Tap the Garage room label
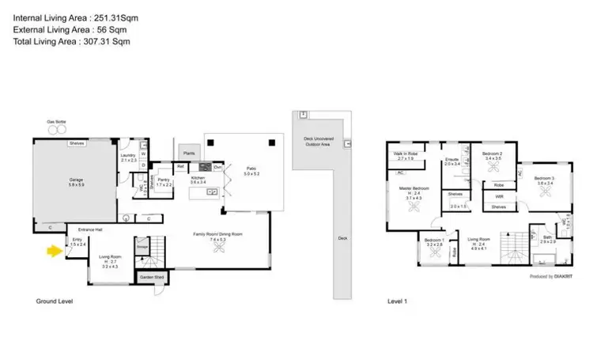(x=76, y=181)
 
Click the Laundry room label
(x=129, y=157)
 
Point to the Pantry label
(x=164, y=181)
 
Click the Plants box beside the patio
(x=188, y=153)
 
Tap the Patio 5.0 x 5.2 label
(x=252, y=171)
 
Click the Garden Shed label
(x=154, y=278)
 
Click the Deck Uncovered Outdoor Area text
(x=320, y=141)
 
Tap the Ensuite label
(x=451, y=161)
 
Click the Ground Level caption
(x=55, y=301)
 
